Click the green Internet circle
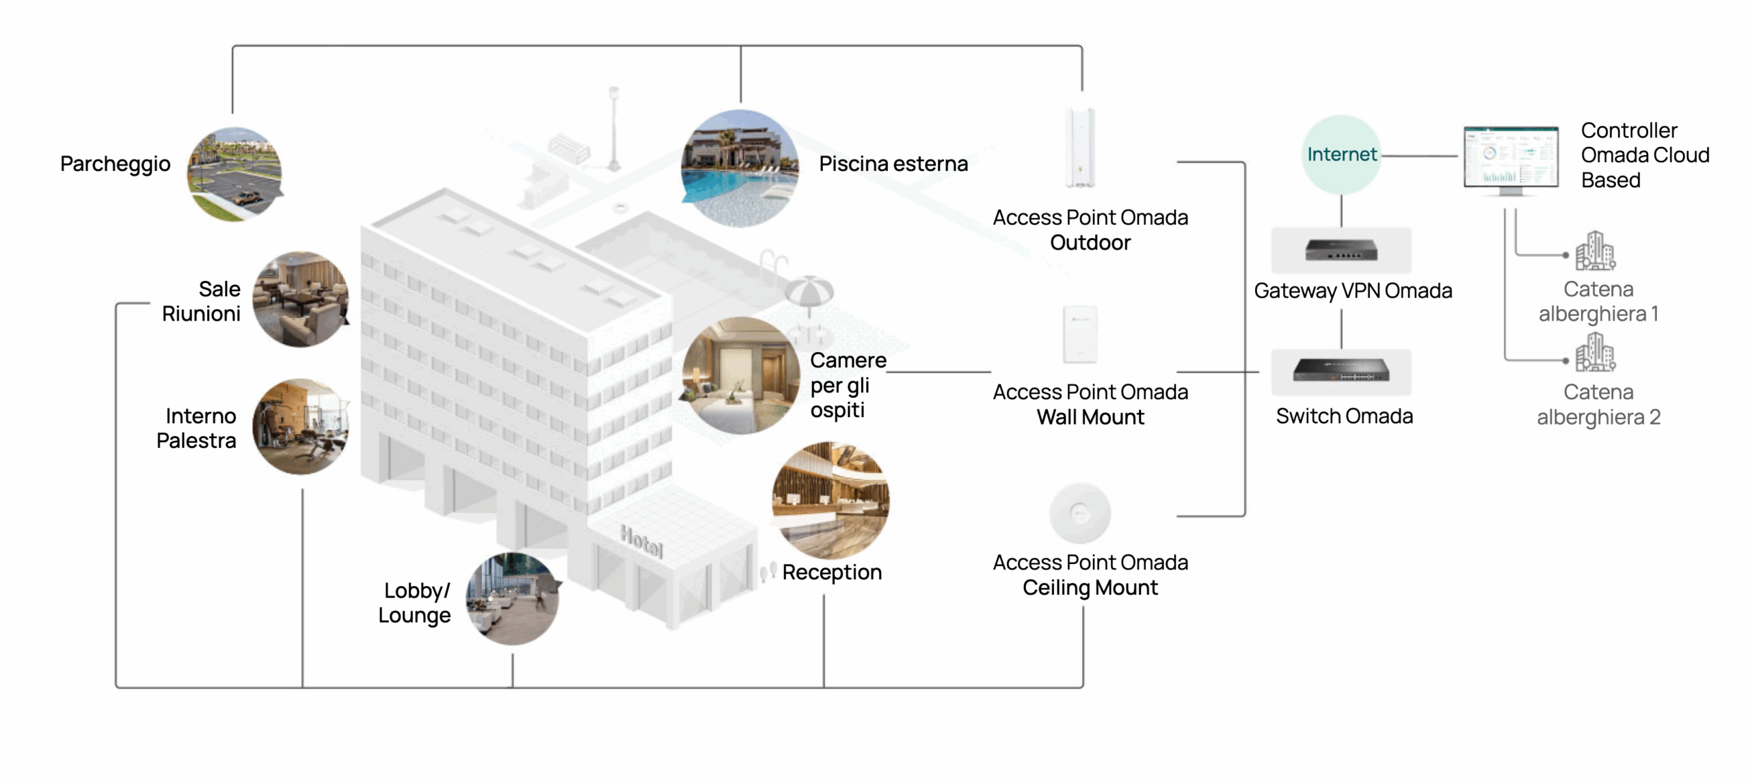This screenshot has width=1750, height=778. click(x=1341, y=155)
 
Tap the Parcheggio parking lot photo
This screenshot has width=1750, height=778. click(x=234, y=174)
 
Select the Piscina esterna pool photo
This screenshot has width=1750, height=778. click(x=740, y=168)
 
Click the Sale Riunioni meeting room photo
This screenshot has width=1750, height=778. click(x=301, y=299)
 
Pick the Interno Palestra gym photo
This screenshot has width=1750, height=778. click(x=301, y=427)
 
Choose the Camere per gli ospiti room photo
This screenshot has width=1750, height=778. click(x=741, y=375)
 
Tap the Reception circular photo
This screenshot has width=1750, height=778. click(x=831, y=500)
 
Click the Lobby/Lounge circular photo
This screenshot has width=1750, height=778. click(x=513, y=599)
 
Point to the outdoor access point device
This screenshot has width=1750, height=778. click(x=1080, y=148)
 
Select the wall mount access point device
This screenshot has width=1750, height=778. click(x=1080, y=334)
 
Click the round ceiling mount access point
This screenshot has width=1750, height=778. click(x=1080, y=513)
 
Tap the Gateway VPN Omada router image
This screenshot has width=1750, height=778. click(x=1341, y=250)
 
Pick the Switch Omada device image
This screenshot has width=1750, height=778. click(x=1341, y=371)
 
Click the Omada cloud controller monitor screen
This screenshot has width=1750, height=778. click(x=1511, y=157)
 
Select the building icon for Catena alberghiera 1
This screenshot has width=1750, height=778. click(x=1595, y=251)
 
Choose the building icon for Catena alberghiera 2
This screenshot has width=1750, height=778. click(x=1595, y=353)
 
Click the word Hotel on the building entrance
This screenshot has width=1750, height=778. click(x=641, y=541)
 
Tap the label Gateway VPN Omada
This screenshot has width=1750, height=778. click(x=1353, y=291)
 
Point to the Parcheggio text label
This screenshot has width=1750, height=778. click(x=115, y=164)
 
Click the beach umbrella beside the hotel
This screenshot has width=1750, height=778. click(x=809, y=291)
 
